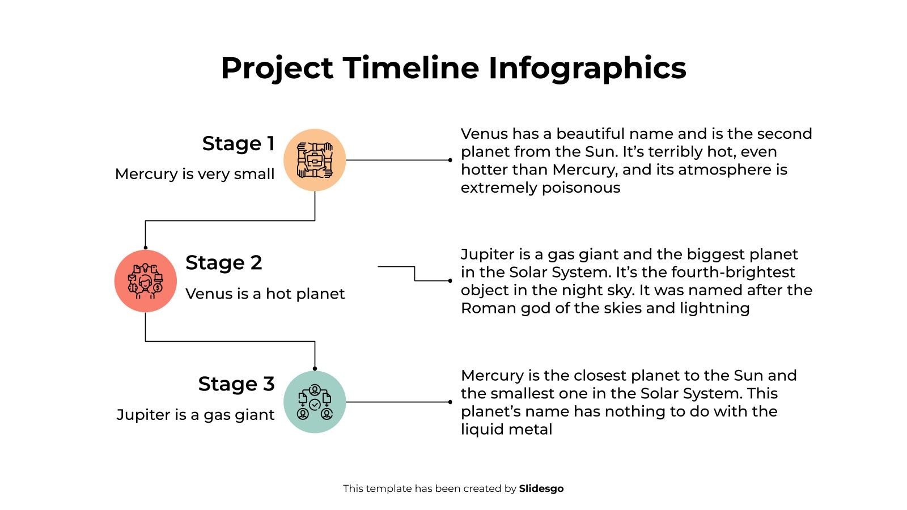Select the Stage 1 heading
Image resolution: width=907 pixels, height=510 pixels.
click(238, 143)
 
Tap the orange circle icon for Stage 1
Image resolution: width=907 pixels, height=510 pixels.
click(315, 160)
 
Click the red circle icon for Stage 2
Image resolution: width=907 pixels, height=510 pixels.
click(146, 280)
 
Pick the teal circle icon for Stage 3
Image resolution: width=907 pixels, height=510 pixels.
click(315, 402)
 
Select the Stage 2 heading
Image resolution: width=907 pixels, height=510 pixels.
click(224, 262)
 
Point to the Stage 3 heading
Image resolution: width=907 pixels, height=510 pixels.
click(236, 384)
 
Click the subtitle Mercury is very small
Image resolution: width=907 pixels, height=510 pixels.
click(194, 174)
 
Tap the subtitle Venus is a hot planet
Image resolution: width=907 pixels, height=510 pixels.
click(265, 294)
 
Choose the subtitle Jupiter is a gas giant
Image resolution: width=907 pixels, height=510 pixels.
click(195, 415)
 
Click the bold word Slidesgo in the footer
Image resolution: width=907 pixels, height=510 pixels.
click(541, 488)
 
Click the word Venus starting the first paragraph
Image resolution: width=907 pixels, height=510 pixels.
click(484, 134)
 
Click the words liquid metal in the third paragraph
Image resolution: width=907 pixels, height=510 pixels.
click(506, 430)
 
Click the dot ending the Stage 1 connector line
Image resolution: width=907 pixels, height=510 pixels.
click(450, 160)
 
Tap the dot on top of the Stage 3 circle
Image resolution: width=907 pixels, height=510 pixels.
click(315, 368)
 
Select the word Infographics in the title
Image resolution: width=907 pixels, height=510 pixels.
click(587, 68)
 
